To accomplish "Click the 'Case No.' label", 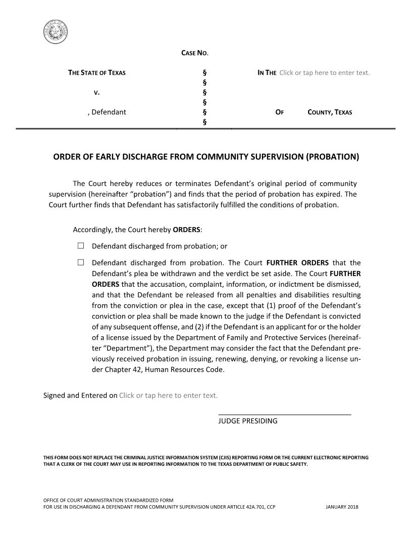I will click(x=194, y=53).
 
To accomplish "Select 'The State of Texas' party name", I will click(x=97, y=73).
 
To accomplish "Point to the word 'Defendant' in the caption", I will click(x=109, y=112).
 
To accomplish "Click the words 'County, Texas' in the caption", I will click(x=330, y=112).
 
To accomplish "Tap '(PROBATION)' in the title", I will click(x=332, y=157).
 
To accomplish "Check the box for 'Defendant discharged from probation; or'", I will click(x=81, y=246).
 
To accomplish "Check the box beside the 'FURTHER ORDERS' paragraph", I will click(x=81, y=262).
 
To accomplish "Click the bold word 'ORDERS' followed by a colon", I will click(x=186, y=230).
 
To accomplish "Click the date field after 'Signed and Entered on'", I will click(x=168, y=395).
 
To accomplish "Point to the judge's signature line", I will click(x=284, y=415).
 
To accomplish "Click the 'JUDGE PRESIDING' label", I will click(x=247, y=421).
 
